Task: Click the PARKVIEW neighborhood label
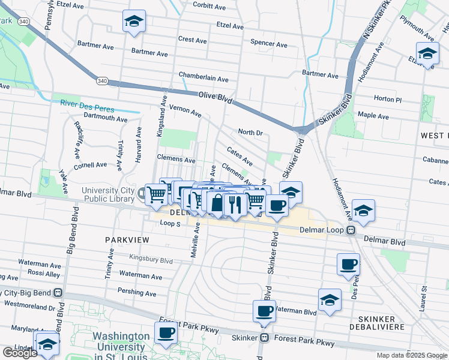coord(126,239)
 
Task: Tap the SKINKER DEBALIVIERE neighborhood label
coord(384,324)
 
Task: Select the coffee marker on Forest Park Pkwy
coord(166,332)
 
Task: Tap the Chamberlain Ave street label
coord(203,79)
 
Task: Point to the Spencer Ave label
coord(268,43)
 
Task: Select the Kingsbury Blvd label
coord(151,260)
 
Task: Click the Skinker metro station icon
coord(264,338)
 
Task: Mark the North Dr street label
coord(250,132)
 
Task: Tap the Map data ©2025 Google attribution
coord(411,355)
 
